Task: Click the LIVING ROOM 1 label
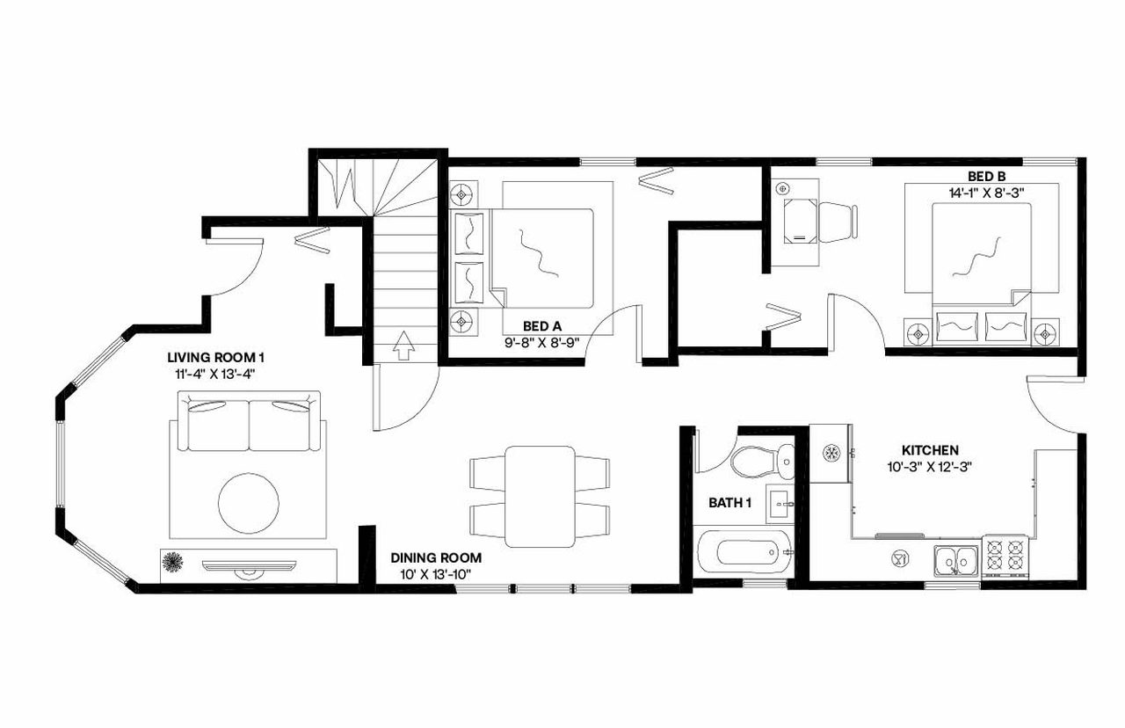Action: [216, 358]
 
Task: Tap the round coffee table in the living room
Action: [249, 502]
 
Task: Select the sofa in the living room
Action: [249, 424]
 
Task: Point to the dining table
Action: [540, 495]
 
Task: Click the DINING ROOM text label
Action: [436, 557]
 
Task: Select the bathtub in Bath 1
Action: [746, 553]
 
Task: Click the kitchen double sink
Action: [956, 558]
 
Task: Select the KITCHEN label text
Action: [930, 449]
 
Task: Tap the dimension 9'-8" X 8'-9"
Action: [541, 341]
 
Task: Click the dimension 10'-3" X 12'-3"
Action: [930, 466]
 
